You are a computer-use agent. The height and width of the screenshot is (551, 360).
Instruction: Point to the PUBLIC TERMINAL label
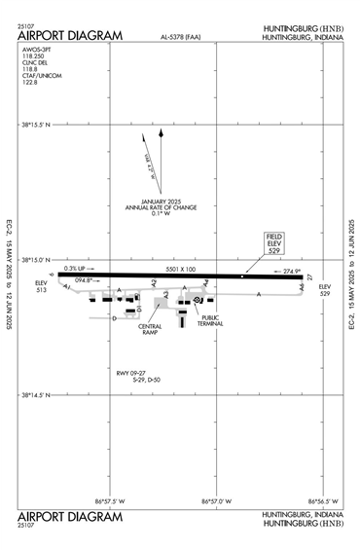coord(211,320)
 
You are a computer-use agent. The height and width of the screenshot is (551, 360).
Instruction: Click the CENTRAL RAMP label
coord(150,330)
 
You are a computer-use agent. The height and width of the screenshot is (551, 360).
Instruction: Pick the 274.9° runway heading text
coord(291,271)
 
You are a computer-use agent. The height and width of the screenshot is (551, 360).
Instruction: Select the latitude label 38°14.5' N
coord(40,395)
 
